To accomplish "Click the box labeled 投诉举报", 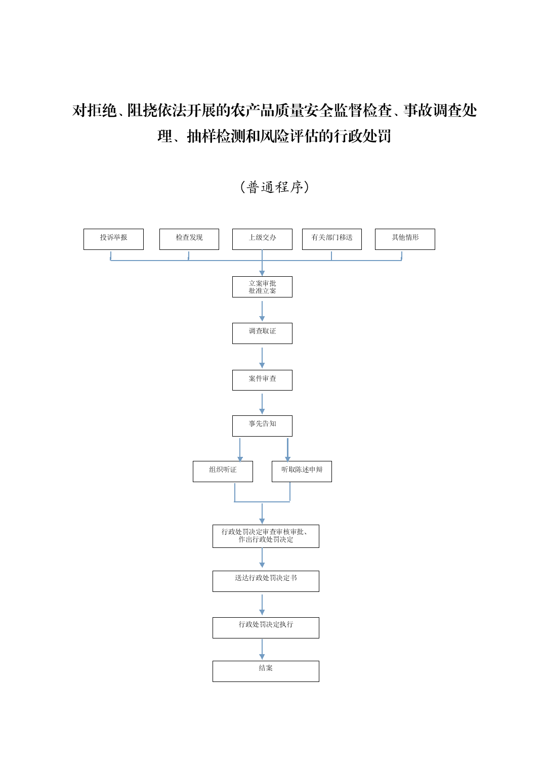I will [113, 239].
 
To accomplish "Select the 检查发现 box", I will [189, 239].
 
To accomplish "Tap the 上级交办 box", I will [262, 239].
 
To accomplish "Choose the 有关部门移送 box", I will [332, 239].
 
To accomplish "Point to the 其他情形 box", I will [405, 239].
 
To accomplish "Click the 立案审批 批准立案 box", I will [262, 287].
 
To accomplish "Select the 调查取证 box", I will [262, 333].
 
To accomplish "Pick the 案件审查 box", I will [262, 380].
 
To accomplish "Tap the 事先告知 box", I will [262, 425].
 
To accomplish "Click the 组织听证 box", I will [223, 471].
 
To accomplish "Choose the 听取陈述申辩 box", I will [302, 471].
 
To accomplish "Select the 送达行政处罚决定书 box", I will [266, 581].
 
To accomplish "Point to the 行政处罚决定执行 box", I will [266, 627].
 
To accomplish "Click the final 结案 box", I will [266, 671].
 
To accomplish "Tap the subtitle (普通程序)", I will [274, 187].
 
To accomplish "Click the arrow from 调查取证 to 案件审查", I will [262, 357].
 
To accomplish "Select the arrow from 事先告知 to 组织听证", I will [240, 449].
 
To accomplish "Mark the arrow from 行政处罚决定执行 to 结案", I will [262, 649].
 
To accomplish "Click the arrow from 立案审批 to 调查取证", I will [262, 311].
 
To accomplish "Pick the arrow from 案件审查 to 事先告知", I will [262, 403].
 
